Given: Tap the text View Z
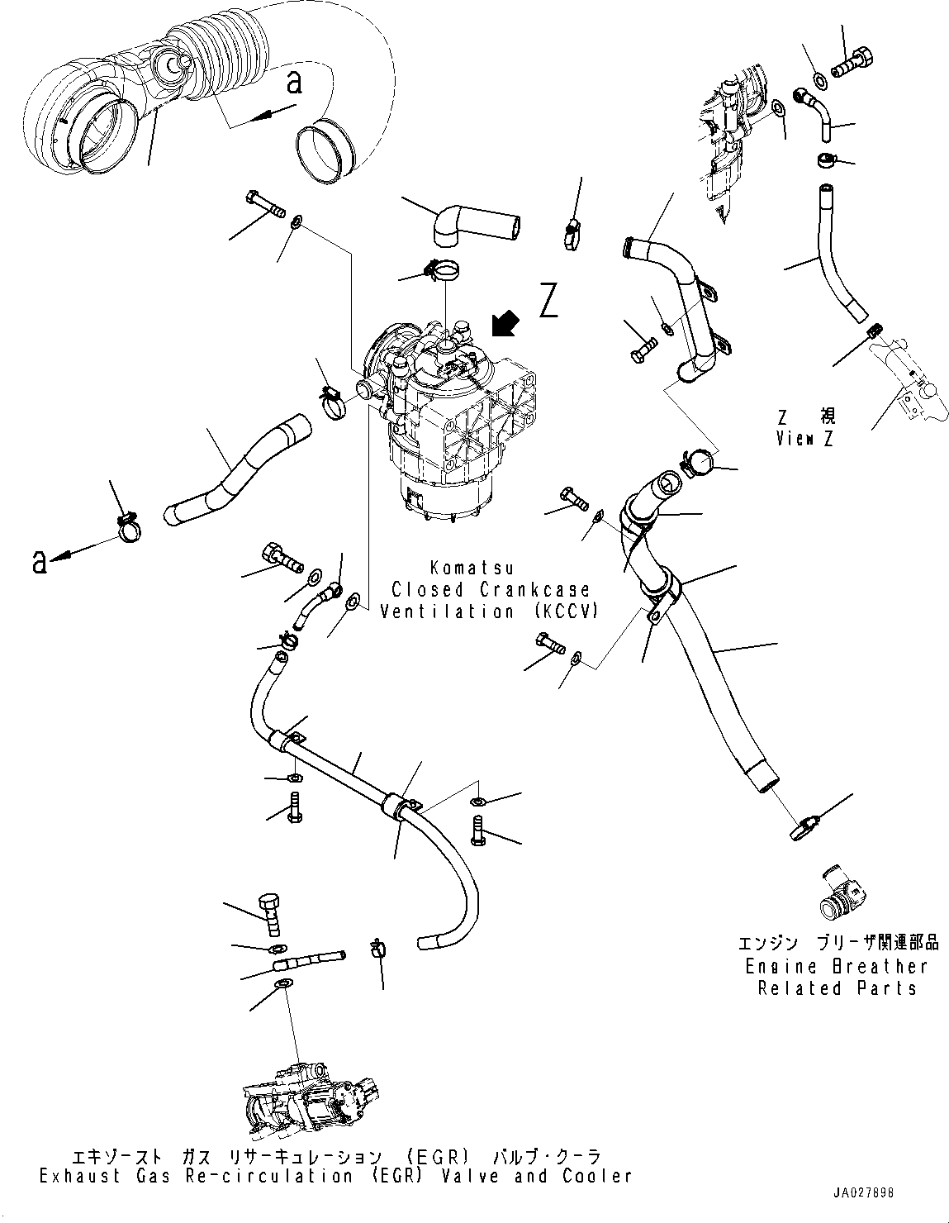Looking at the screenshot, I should [804, 439].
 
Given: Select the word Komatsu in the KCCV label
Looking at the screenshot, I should [472, 568].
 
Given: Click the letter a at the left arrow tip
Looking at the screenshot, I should [38, 563].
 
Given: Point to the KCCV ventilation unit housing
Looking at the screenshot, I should [450, 421].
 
